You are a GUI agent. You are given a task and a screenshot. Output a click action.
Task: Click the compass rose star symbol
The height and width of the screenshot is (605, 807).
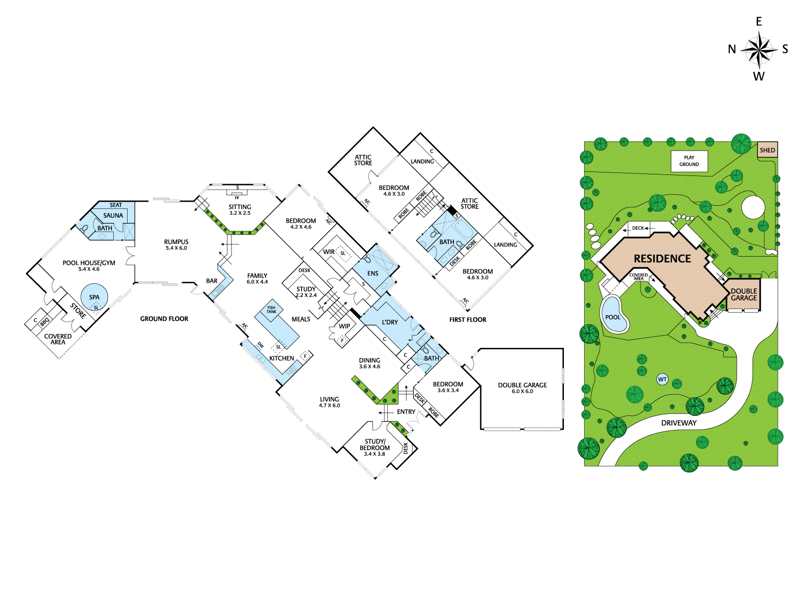tap(759, 49)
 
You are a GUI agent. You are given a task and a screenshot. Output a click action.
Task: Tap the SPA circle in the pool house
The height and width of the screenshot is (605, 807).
tap(94, 297)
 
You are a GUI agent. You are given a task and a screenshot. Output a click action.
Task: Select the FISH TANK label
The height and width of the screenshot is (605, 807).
tap(271, 310)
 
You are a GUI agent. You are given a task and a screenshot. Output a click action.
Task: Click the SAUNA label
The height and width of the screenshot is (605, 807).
tap(113, 216)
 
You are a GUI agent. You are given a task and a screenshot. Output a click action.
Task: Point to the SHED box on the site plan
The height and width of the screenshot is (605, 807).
tap(767, 150)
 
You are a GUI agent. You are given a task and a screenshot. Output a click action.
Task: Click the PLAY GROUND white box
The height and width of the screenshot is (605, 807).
tap(689, 161)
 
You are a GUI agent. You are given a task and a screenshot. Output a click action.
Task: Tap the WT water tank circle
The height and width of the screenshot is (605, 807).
tap(662, 380)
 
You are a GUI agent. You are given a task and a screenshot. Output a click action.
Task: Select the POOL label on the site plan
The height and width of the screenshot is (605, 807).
tap(612, 317)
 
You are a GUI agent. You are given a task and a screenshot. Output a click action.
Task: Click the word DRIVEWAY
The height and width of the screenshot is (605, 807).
tap(679, 423)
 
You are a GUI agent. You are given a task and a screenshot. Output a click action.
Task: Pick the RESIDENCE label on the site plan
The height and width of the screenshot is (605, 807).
tap(662, 259)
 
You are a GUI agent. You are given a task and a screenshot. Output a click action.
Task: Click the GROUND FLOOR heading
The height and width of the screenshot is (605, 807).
tap(164, 319)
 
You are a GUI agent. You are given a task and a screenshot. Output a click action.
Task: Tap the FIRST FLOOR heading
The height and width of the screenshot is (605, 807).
tap(468, 320)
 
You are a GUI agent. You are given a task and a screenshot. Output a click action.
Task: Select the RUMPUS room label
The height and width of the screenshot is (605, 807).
tap(176, 241)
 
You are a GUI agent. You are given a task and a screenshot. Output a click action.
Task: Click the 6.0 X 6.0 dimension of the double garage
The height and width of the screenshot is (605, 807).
tap(523, 391)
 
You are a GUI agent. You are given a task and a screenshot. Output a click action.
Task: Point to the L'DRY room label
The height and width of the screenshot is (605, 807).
tap(390, 322)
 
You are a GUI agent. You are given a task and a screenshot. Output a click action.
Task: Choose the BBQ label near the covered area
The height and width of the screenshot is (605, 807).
tap(44, 322)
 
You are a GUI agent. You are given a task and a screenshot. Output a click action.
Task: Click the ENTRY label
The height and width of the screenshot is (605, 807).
tap(406, 412)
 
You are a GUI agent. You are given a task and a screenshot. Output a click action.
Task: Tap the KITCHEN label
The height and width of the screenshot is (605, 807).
tap(281, 358)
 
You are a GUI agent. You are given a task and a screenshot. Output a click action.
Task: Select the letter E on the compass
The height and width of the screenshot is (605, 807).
tap(759, 22)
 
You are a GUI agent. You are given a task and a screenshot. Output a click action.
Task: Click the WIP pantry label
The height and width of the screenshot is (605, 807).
tap(344, 326)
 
